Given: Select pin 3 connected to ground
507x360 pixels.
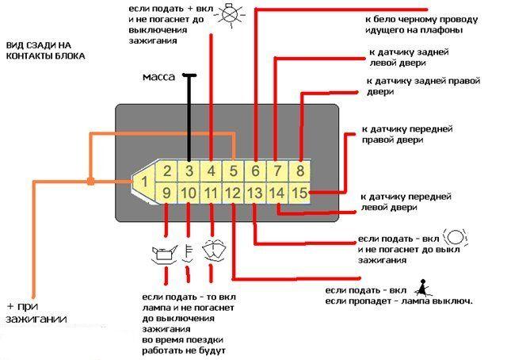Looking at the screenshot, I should point(189,170).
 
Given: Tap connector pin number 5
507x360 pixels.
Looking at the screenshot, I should point(234,170).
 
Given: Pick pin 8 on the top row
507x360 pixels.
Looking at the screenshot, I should point(300,170).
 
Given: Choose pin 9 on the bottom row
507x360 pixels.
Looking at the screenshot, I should point(166,192).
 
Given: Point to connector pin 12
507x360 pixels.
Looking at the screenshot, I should point(234,192).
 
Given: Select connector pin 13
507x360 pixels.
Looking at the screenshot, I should point(255,192).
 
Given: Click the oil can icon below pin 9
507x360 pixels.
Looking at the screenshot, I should point(163,255).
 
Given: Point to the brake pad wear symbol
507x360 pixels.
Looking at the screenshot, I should point(457,237).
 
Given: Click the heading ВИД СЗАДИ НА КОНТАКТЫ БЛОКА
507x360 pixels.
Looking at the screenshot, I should point(45,52).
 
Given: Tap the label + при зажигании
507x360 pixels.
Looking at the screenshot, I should point(35,312).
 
